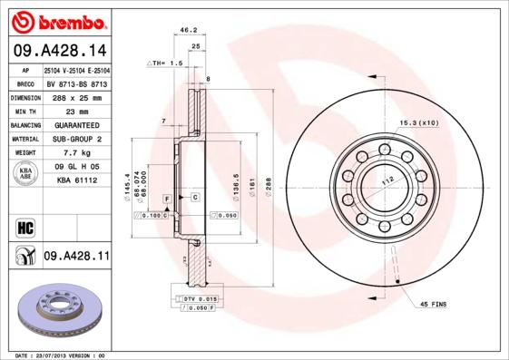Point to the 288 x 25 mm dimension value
pos(76,95)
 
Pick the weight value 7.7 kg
pos(76,153)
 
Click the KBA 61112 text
pos(76,181)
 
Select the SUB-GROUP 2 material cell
pos(76,139)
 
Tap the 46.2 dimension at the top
pos(189,30)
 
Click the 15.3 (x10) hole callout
pos(418,122)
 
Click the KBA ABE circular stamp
pos(26,174)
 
